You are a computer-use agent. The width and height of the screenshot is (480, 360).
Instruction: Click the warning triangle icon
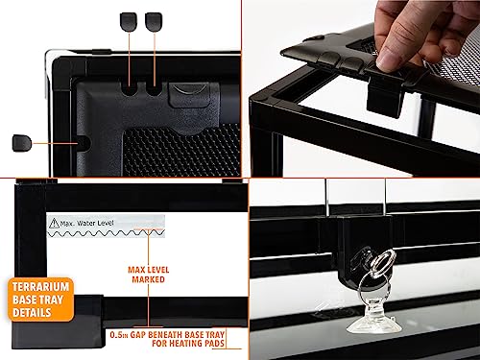pyautogui.click(x=54, y=223)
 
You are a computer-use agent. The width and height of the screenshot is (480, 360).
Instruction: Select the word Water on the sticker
pyautogui.click(x=85, y=223)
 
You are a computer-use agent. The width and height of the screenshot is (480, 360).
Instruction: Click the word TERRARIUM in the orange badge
pyautogui.click(x=40, y=287)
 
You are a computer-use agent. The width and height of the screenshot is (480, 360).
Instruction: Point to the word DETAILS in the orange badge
pyautogui.click(x=32, y=313)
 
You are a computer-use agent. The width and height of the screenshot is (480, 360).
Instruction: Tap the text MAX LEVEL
pyautogui.click(x=149, y=270)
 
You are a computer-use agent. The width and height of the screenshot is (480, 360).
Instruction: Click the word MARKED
pyautogui.click(x=149, y=279)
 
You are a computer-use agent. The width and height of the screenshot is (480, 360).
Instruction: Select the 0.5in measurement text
pyautogui.click(x=119, y=335)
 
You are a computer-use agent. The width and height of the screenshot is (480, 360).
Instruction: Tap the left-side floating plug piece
pyautogui.click(x=22, y=143)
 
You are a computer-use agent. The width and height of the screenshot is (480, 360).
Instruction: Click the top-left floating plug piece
pyautogui.click(x=129, y=22)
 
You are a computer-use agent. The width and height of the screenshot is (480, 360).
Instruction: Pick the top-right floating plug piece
pyautogui.click(x=154, y=22)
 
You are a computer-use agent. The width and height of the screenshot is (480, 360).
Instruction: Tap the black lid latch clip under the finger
pyautogui.click(x=384, y=99)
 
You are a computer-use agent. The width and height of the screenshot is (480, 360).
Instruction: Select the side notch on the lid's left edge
pyautogui.click(x=84, y=143)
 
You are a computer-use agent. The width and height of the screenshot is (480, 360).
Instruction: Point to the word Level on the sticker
pyautogui.click(x=105, y=223)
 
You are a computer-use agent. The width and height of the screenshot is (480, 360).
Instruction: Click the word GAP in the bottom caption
pyautogui.click(x=138, y=335)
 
